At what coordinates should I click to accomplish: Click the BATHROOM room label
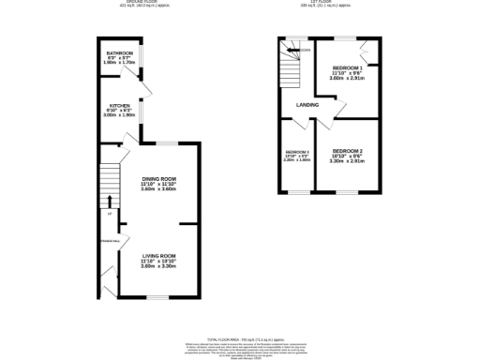[x=118, y=53]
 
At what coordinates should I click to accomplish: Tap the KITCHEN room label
[x=118, y=105]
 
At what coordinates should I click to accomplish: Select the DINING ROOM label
[x=158, y=178]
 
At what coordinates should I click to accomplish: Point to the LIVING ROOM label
[x=158, y=256]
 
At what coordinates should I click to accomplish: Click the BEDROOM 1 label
[x=349, y=68]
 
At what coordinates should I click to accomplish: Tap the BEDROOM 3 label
[x=297, y=152]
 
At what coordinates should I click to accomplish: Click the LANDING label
[x=307, y=105]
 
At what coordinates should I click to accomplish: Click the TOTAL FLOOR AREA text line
[x=240, y=337]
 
